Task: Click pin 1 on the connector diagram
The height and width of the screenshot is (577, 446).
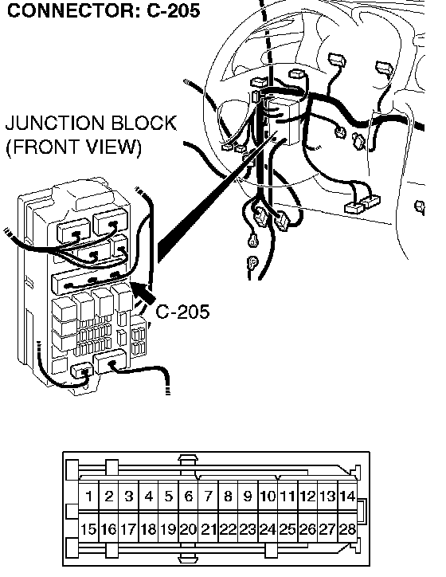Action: tap(88, 496)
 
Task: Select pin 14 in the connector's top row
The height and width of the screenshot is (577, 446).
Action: tap(347, 496)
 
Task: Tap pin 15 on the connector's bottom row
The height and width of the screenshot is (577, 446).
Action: tap(88, 529)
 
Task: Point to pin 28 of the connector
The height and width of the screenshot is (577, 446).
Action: tap(347, 529)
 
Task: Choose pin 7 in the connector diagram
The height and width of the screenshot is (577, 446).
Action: tap(208, 496)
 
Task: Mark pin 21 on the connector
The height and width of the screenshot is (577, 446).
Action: tap(208, 529)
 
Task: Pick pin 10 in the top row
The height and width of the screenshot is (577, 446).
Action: tap(268, 496)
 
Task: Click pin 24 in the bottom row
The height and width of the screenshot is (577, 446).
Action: tap(268, 529)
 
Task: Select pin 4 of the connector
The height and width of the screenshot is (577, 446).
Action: tap(149, 496)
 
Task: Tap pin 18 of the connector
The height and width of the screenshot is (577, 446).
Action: tap(149, 529)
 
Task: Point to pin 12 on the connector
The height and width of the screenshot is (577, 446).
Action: tap(307, 496)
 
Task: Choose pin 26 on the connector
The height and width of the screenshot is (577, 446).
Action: tap(307, 529)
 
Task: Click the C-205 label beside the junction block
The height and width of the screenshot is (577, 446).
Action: tap(182, 312)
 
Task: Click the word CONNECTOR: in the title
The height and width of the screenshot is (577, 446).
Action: tap(72, 10)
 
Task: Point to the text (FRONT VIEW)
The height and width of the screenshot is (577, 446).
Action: tap(73, 147)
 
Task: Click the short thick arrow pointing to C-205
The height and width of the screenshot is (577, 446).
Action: tap(144, 293)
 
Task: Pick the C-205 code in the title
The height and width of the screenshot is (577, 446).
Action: tap(173, 10)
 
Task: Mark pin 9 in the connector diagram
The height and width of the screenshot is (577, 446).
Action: tap(248, 496)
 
